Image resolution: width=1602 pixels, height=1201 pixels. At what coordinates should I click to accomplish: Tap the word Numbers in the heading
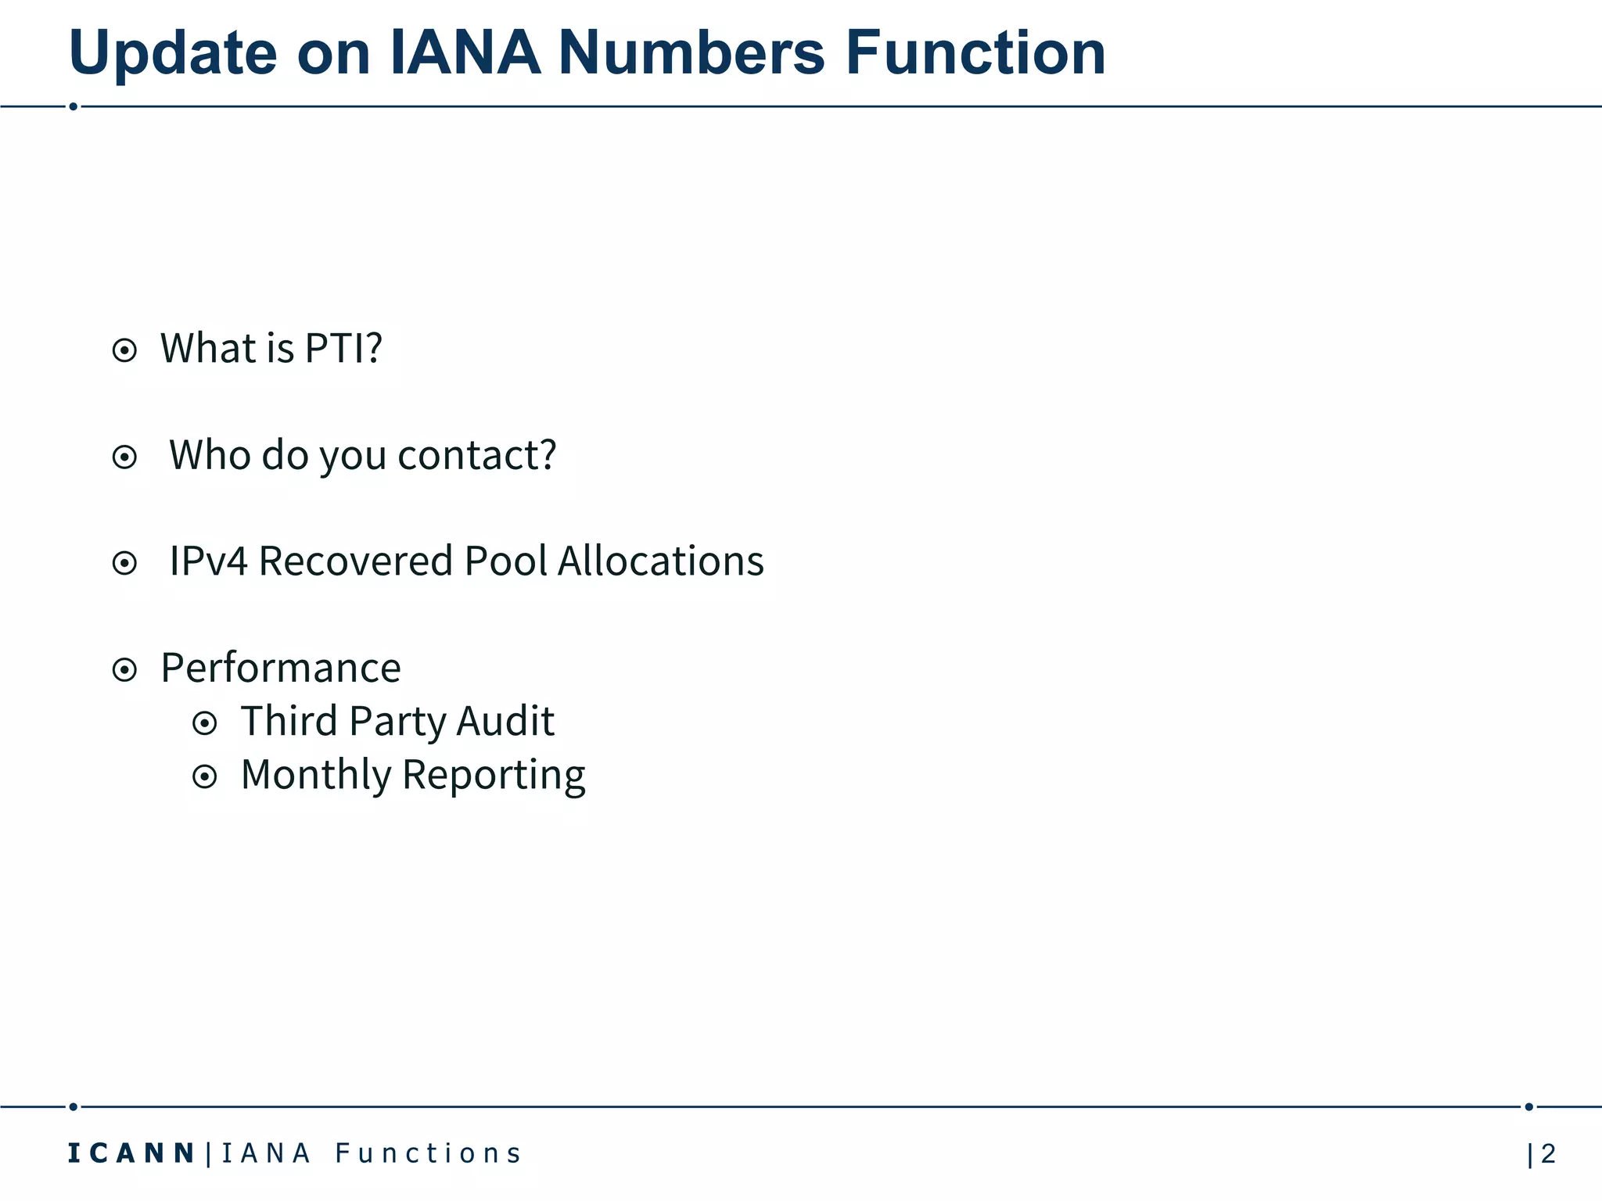pyautogui.click(x=691, y=53)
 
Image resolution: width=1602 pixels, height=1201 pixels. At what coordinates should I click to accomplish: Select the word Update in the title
pyautogui.click(x=173, y=53)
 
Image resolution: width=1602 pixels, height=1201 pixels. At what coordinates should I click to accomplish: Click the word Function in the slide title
pyautogui.click(x=975, y=53)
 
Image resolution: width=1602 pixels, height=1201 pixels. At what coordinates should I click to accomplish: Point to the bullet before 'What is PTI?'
pyautogui.click(x=124, y=350)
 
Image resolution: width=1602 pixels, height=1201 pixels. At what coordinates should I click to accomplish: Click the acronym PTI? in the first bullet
pyautogui.click(x=343, y=348)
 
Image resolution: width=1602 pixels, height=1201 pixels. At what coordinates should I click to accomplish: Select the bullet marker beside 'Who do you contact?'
pyautogui.click(x=124, y=457)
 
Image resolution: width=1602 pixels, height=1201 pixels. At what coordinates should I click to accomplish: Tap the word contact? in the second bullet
pyautogui.click(x=477, y=454)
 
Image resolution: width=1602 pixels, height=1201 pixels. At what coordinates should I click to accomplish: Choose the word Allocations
pyautogui.click(x=660, y=561)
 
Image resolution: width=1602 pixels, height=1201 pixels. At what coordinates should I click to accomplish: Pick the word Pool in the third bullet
pyautogui.click(x=505, y=561)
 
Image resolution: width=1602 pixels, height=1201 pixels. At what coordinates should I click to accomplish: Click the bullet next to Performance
pyautogui.click(x=124, y=669)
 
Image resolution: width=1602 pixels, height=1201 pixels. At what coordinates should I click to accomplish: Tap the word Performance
pyautogui.click(x=281, y=669)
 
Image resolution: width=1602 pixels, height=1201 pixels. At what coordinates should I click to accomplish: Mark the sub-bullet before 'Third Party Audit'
pyautogui.click(x=204, y=723)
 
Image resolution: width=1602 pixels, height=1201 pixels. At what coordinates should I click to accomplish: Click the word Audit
pyautogui.click(x=505, y=721)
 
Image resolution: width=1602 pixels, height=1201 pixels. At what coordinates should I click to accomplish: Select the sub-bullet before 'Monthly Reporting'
pyautogui.click(x=204, y=776)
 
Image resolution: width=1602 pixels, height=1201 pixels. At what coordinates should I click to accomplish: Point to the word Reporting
pyautogui.click(x=493, y=776)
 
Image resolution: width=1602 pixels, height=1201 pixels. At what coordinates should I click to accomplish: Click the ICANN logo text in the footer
pyautogui.click(x=131, y=1153)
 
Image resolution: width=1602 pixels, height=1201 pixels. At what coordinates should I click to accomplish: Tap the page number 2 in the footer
pyautogui.click(x=1547, y=1153)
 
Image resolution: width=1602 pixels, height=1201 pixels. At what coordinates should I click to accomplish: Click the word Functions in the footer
pyautogui.click(x=428, y=1153)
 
